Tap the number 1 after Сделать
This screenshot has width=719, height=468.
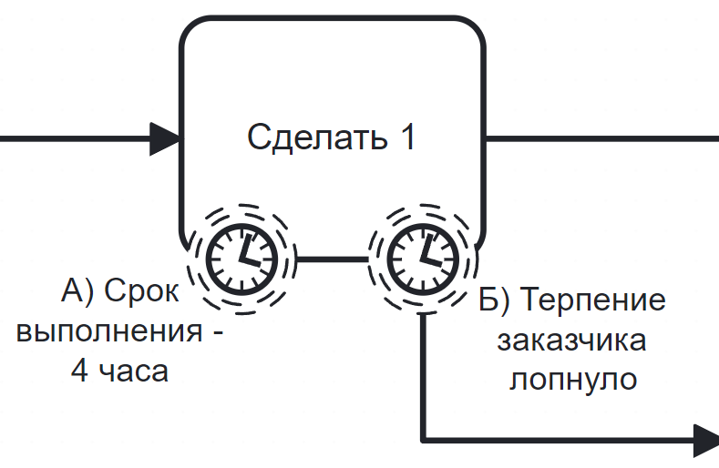tap(407, 138)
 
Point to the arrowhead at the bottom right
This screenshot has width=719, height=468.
tap(706, 440)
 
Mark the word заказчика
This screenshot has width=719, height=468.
tap(571, 341)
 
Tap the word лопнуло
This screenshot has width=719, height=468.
tap(572, 379)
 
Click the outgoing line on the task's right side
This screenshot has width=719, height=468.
tap(601, 138)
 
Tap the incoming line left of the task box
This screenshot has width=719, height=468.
tap(73, 138)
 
